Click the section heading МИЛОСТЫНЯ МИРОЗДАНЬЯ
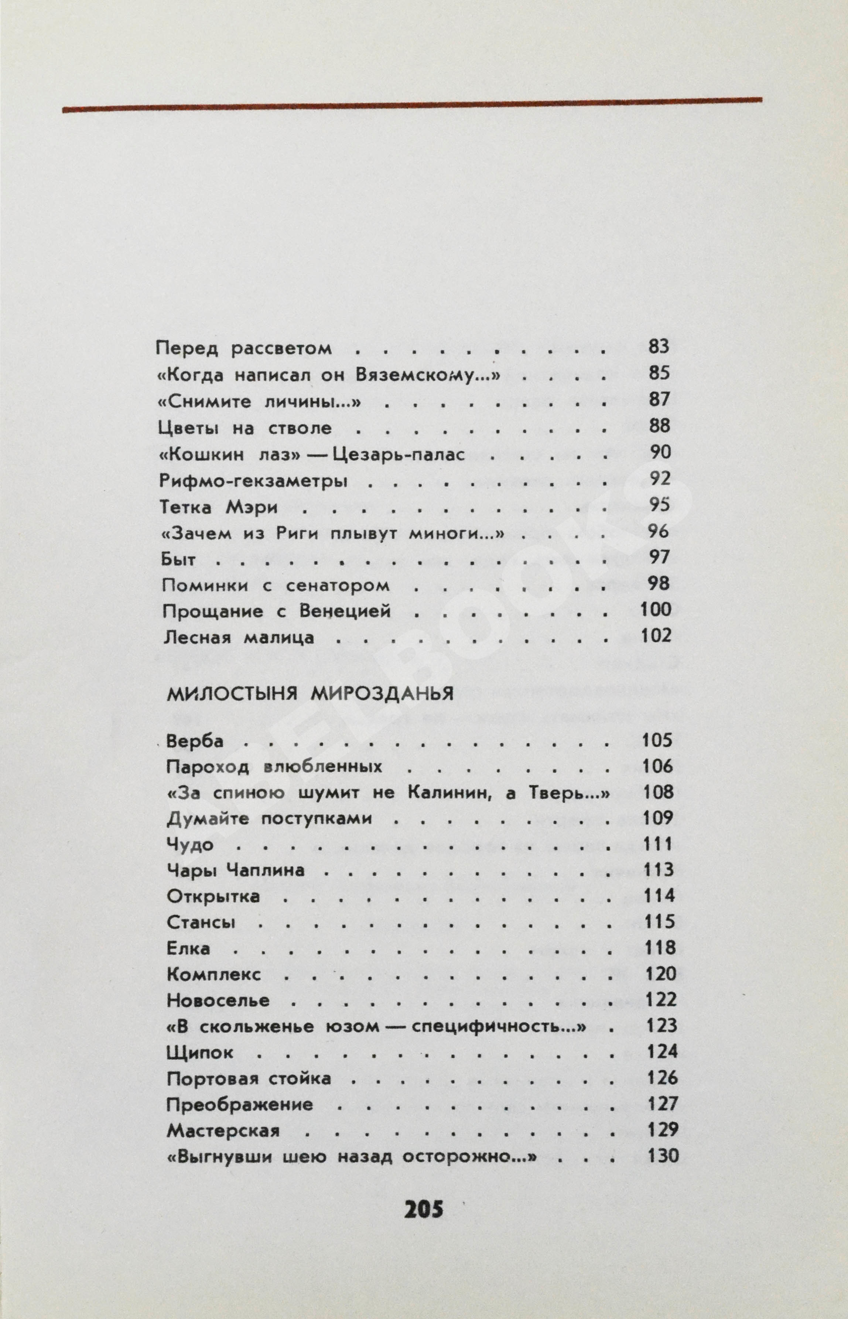[x=310, y=694]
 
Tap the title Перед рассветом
[x=244, y=349]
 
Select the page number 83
[x=659, y=347]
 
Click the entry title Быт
[x=178, y=559]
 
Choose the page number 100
[x=656, y=610]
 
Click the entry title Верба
[x=195, y=741]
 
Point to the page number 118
[x=660, y=948]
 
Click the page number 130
[x=663, y=1155]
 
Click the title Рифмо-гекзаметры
[x=253, y=481]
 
